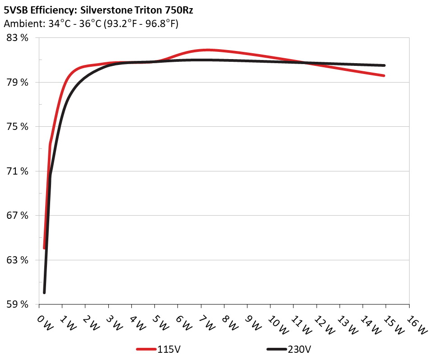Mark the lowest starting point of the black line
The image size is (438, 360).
44,293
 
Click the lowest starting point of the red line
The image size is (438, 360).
44,248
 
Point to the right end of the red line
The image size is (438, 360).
384,76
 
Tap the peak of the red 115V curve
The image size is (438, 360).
207,50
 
